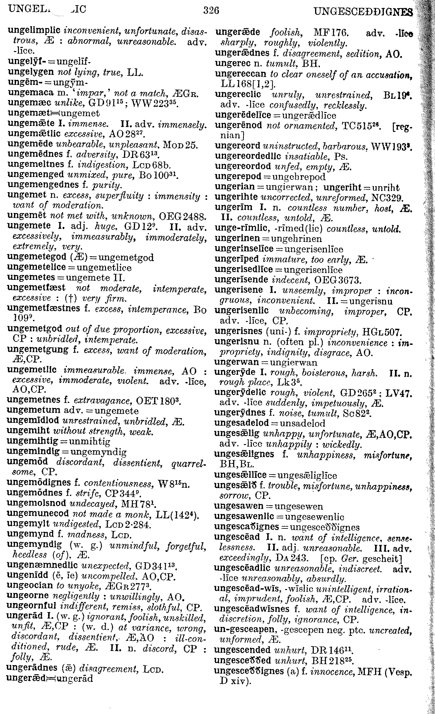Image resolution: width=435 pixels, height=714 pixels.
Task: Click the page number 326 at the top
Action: point(211,11)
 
